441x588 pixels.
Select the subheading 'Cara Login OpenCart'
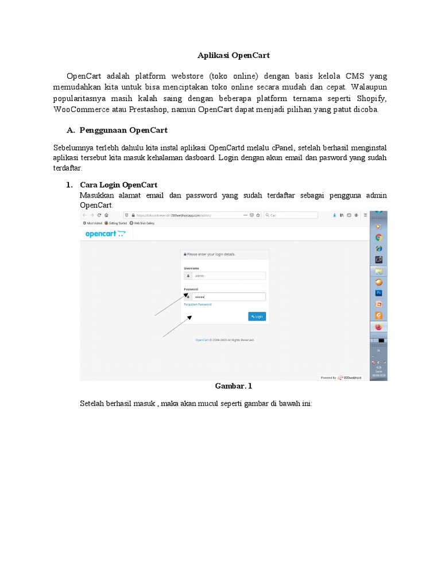(118, 184)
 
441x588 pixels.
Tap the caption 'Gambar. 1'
(233, 386)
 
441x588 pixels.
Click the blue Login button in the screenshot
(257, 316)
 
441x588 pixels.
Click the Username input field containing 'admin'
(229, 276)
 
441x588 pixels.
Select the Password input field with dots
(229, 297)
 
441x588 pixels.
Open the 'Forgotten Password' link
(198, 304)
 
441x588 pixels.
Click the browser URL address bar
(184, 215)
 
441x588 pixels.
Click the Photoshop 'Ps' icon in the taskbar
(378, 293)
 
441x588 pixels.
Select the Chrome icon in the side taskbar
(378, 237)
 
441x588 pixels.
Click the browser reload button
(99, 215)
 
